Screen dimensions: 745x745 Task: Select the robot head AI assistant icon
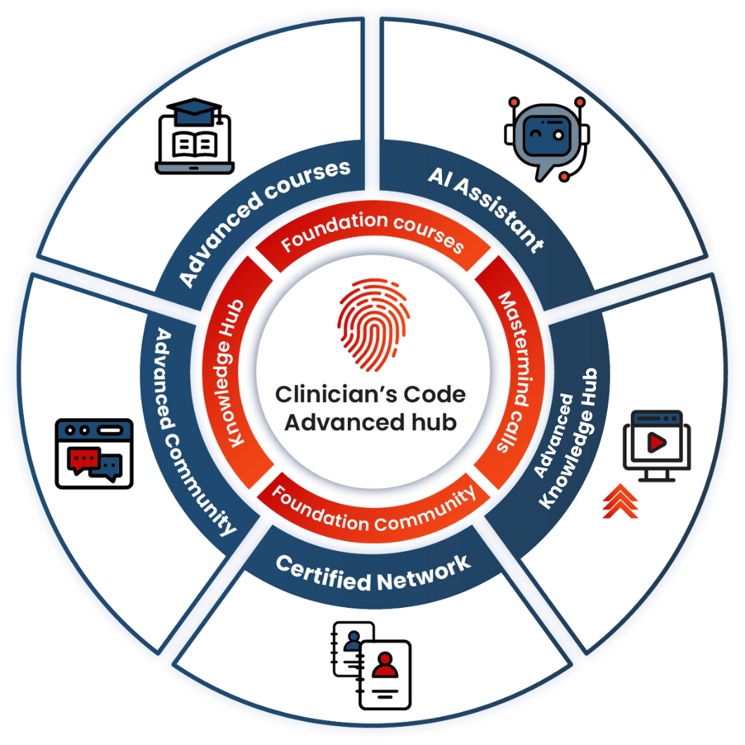[545, 134]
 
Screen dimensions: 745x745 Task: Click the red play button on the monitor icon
[656, 442]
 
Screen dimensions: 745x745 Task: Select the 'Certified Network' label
[372, 571]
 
